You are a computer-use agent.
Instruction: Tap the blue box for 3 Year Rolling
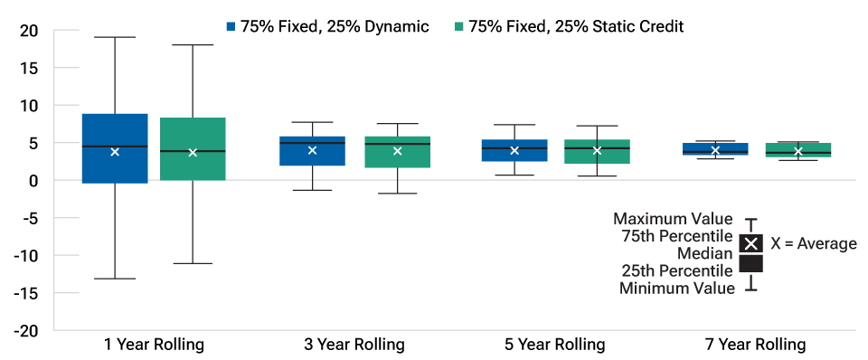(312, 151)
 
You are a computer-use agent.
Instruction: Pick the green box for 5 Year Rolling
(597, 151)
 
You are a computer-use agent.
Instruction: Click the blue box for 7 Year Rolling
(715, 149)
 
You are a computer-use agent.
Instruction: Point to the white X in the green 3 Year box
(397, 151)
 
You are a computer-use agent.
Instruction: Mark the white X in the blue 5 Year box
(514, 150)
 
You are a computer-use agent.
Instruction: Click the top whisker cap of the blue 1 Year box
(115, 37)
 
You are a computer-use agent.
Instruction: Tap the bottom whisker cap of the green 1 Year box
(193, 263)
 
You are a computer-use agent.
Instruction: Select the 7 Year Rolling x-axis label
(755, 345)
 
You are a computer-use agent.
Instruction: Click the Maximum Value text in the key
(674, 219)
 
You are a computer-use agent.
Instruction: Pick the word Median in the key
(709, 253)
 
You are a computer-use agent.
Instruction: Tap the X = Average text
(813, 244)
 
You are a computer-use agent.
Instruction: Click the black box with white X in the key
(751, 243)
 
